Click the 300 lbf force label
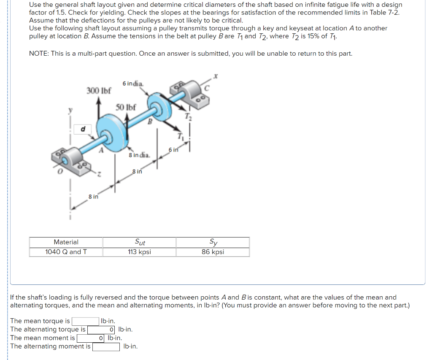click(99, 90)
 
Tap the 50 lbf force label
click(126, 107)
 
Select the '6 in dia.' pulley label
click(133, 84)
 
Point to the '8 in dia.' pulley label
click(139, 155)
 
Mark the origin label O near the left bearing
click(60, 172)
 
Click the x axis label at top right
click(215, 76)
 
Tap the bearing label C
click(206, 89)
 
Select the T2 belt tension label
click(188, 117)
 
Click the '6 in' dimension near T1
click(173, 150)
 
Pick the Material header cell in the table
click(66, 242)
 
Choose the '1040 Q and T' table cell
click(66, 252)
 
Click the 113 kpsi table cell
click(139, 252)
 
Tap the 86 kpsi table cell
click(213, 252)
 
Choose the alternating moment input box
click(106, 346)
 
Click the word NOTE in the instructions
click(39, 54)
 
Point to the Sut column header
click(139, 242)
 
